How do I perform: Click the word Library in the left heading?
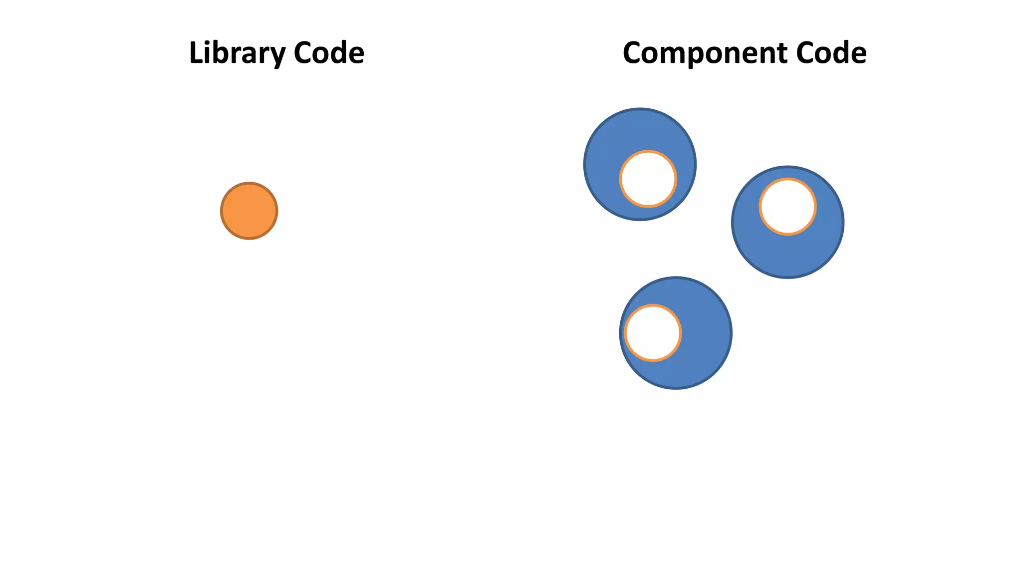click(x=237, y=53)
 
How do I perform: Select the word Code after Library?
click(x=329, y=53)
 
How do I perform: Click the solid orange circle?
click(x=249, y=211)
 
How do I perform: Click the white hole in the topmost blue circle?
click(x=648, y=179)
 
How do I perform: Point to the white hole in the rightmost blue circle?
click(x=787, y=206)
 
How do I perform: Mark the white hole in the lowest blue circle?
click(x=653, y=332)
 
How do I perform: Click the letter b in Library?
click(x=223, y=53)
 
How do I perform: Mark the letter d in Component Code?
click(x=840, y=53)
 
